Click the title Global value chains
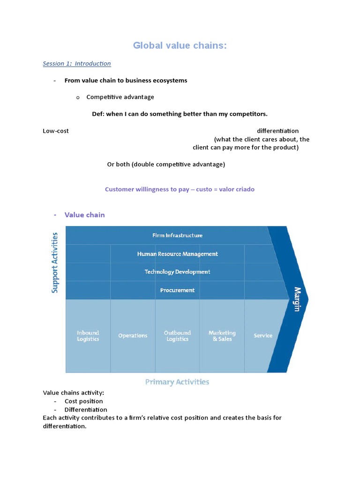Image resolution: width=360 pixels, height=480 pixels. (180, 45)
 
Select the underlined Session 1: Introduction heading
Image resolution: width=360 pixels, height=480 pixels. (77, 63)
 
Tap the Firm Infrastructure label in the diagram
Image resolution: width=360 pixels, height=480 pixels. (177, 235)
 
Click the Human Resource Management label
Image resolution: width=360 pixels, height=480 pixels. (177, 254)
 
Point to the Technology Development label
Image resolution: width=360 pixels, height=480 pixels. (177, 272)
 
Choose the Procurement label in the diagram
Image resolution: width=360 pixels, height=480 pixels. (177, 290)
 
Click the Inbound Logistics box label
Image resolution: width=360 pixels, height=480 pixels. (88, 336)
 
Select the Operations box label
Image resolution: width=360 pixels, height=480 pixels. (133, 336)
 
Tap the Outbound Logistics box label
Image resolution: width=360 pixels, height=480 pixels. (177, 336)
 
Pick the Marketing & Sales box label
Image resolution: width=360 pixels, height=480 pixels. (222, 336)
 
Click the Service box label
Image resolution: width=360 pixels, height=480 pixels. (263, 336)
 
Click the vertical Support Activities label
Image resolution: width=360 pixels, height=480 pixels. (55, 262)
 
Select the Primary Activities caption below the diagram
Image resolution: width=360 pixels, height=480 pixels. (177, 382)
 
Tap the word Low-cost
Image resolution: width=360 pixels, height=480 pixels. (56, 131)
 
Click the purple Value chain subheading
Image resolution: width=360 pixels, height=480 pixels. (84, 215)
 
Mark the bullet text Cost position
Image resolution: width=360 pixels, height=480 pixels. (83, 401)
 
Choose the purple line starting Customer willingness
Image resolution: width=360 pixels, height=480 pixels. (180, 189)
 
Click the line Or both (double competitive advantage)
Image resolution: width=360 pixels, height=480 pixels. (166, 164)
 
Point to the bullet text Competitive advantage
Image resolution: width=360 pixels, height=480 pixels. (120, 97)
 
